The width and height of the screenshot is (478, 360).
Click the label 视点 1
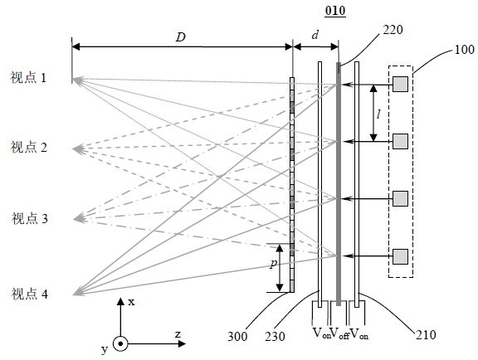pos(28,78)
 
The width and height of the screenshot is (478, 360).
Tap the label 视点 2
pos(29,147)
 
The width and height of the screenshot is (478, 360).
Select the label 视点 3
pos(30,218)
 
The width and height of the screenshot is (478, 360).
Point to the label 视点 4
pos(30,294)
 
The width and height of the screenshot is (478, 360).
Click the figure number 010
pos(335,11)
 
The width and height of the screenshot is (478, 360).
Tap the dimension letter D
pos(181,37)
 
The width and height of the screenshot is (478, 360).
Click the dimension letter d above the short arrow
pos(315,35)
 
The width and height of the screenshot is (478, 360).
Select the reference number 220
pos(393,30)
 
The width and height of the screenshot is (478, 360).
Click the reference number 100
pos(464,50)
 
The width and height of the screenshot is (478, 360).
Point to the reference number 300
pos(237,336)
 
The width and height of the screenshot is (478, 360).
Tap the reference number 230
pos(275,336)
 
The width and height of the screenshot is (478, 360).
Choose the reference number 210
pos(426,334)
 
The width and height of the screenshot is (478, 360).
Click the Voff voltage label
pos(339,333)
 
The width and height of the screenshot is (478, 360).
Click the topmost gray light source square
pos(400,84)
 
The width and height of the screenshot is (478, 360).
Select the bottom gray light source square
pos(400,256)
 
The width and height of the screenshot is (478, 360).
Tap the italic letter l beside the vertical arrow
pos(378,114)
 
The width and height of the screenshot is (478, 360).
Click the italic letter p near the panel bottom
pos(274,264)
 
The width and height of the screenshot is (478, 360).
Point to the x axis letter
pos(131,302)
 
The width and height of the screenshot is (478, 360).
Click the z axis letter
pos(178,334)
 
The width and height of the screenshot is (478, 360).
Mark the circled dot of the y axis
pos(120,344)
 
